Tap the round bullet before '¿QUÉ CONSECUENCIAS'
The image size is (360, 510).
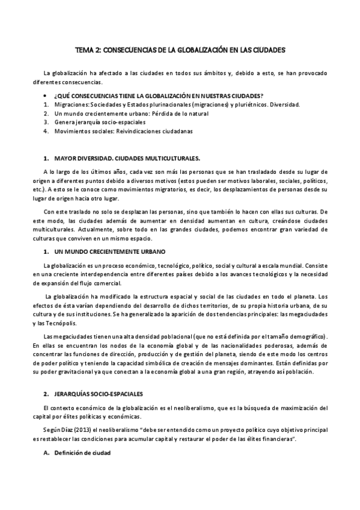coord(46,96)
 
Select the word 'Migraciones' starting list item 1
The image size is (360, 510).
coord(70,105)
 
